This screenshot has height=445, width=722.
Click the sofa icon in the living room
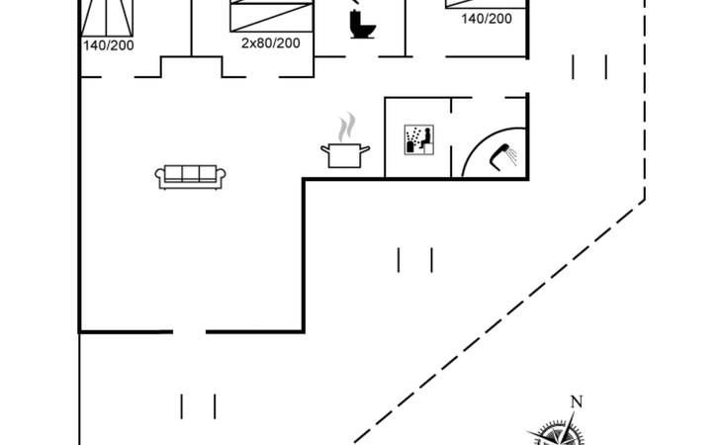191,176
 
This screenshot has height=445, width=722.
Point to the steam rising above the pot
345,128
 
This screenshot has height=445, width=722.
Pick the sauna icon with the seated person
417,138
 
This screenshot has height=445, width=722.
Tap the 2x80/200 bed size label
270,43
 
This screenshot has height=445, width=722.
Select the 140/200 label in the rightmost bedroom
487,18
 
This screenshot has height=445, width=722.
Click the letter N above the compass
576,401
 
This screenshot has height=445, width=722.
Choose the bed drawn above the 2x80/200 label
270,15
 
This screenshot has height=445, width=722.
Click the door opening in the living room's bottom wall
189,332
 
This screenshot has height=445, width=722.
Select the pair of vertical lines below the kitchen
415,260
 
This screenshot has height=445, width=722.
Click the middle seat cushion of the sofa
191,174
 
